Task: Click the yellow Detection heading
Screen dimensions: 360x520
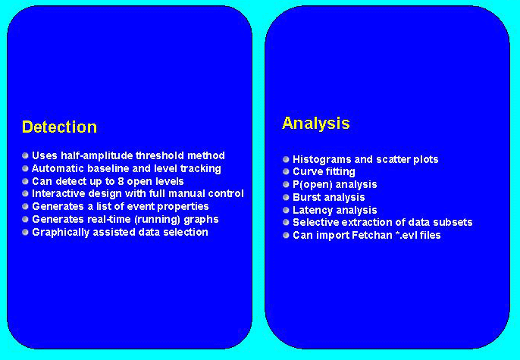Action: pos(59,127)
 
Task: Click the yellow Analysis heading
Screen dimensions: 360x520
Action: pos(315,124)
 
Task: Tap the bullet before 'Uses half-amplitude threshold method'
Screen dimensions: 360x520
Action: pos(25,155)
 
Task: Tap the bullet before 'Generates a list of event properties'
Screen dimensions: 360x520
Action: pos(25,207)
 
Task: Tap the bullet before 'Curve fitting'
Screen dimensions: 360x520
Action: pos(286,172)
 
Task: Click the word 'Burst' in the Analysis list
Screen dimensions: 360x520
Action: pos(306,198)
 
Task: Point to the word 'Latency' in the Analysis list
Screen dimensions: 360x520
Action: pos(312,211)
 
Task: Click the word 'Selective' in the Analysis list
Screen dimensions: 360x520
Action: pos(316,223)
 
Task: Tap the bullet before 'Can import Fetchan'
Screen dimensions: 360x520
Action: pos(286,236)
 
